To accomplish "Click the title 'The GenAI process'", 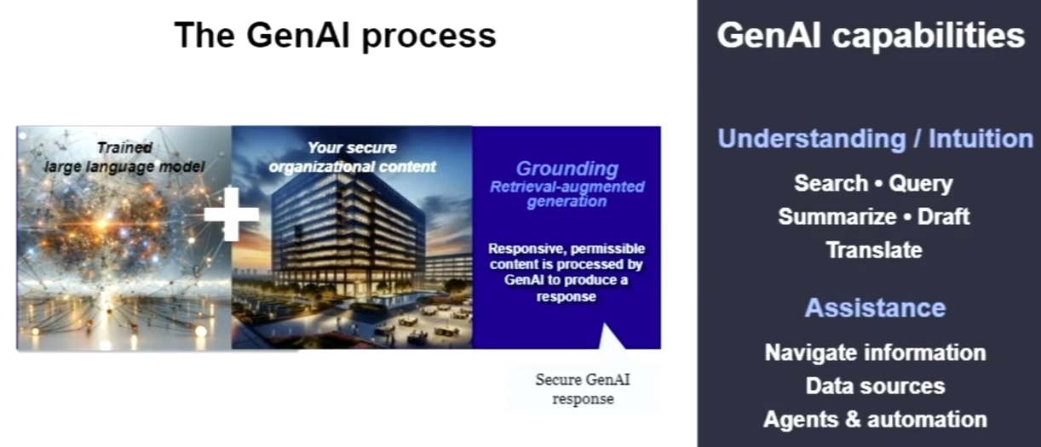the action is [x=335, y=35].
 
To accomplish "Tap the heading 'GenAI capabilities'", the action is [x=871, y=36].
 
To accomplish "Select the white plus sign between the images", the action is [x=232, y=215].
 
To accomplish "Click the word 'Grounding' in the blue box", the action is [x=567, y=169].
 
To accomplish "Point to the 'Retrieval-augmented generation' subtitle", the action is [x=567, y=194].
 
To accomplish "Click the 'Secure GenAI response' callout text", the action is [x=583, y=389].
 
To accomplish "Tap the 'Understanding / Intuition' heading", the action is [x=875, y=139].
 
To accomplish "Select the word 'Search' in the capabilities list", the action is [x=831, y=183].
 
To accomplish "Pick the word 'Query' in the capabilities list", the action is [x=921, y=184].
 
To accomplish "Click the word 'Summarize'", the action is [x=837, y=216].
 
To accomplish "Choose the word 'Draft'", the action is [x=943, y=216].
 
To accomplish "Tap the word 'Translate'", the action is [x=874, y=250].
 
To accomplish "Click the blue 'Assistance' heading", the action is [x=875, y=307].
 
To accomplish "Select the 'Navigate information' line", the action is [x=875, y=352].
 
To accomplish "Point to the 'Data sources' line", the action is [x=875, y=387].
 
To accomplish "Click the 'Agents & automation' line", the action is [x=875, y=420].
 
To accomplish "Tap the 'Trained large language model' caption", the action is [x=124, y=157].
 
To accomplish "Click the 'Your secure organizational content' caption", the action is [x=353, y=157].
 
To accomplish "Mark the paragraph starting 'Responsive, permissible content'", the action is [x=567, y=272].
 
